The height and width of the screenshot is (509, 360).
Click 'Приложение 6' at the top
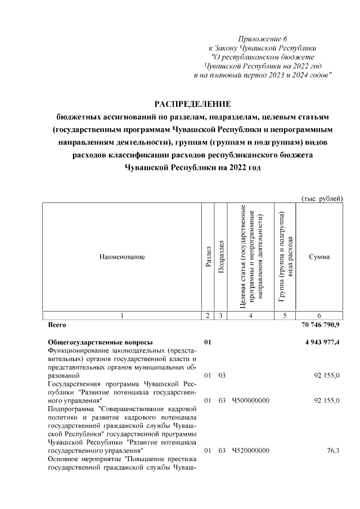click(x=263, y=39)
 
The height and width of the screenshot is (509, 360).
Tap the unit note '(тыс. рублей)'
click(x=322, y=199)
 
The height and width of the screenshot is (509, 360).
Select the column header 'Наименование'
click(x=122, y=257)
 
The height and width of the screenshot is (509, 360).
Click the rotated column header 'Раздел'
click(x=209, y=257)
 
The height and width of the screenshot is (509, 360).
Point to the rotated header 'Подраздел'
click(x=221, y=257)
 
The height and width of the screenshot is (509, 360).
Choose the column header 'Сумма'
click(x=319, y=257)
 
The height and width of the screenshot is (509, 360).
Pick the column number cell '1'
click(x=122, y=316)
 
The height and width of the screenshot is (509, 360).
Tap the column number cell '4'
click(x=250, y=316)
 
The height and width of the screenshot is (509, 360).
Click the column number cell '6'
click(x=319, y=316)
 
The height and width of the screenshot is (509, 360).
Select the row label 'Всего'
click(x=57, y=325)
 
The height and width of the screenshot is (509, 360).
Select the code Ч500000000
click(x=250, y=400)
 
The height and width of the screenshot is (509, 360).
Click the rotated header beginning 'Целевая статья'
click(x=250, y=257)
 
